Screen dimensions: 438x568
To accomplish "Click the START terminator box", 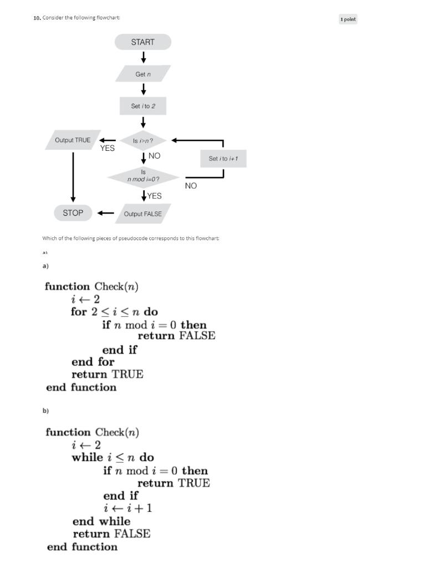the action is pyautogui.click(x=143, y=42).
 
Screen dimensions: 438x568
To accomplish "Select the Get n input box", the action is pyautogui.click(x=143, y=74).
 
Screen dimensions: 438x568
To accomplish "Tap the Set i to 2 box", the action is pyautogui.click(x=143, y=106).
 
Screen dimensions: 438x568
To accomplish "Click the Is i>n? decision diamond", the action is pyautogui.click(x=143, y=141).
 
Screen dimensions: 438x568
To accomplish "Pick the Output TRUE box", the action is pyautogui.click(x=73, y=140).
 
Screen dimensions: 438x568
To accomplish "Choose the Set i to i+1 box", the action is pyautogui.click(x=223, y=159).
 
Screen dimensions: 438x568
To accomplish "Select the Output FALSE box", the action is pyautogui.click(x=142, y=214).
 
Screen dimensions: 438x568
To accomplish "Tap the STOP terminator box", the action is pyautogui.click(x=73, y=212).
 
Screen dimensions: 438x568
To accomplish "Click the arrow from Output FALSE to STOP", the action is pyautogui.click(x=105, y=212).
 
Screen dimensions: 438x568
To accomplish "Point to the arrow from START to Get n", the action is pyautogui.click(x=144, y=57).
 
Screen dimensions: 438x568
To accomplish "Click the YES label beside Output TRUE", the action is pyautogui.click(x=107, y=148).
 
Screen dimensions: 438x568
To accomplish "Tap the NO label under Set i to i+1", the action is pyautogui.click(x=191, y=186).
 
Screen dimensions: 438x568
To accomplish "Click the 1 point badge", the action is pyautogui.click(x=348, y=19).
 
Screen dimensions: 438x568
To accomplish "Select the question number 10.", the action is pyautogui.click(x=37, y=18).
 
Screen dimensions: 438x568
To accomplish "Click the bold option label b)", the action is pyautogui.click(x=45, y=411).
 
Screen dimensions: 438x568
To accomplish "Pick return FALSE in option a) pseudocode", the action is pyautogui.click(x=176, y=336).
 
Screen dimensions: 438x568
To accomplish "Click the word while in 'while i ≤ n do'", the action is pyautogui.click(x=88, y=458).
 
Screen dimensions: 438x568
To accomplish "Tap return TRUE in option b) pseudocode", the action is pyautogui.click(x=174, y=483).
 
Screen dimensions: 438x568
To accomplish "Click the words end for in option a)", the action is pyautogui.click(x=93, y=362).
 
